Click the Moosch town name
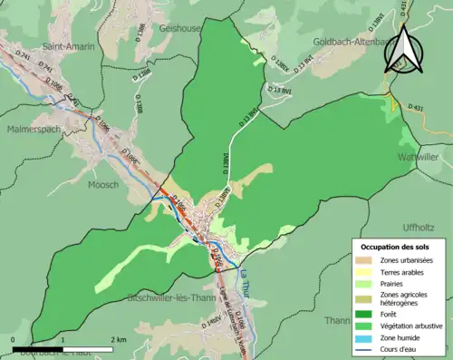coord(103,184)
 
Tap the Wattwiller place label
coord(419,157)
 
